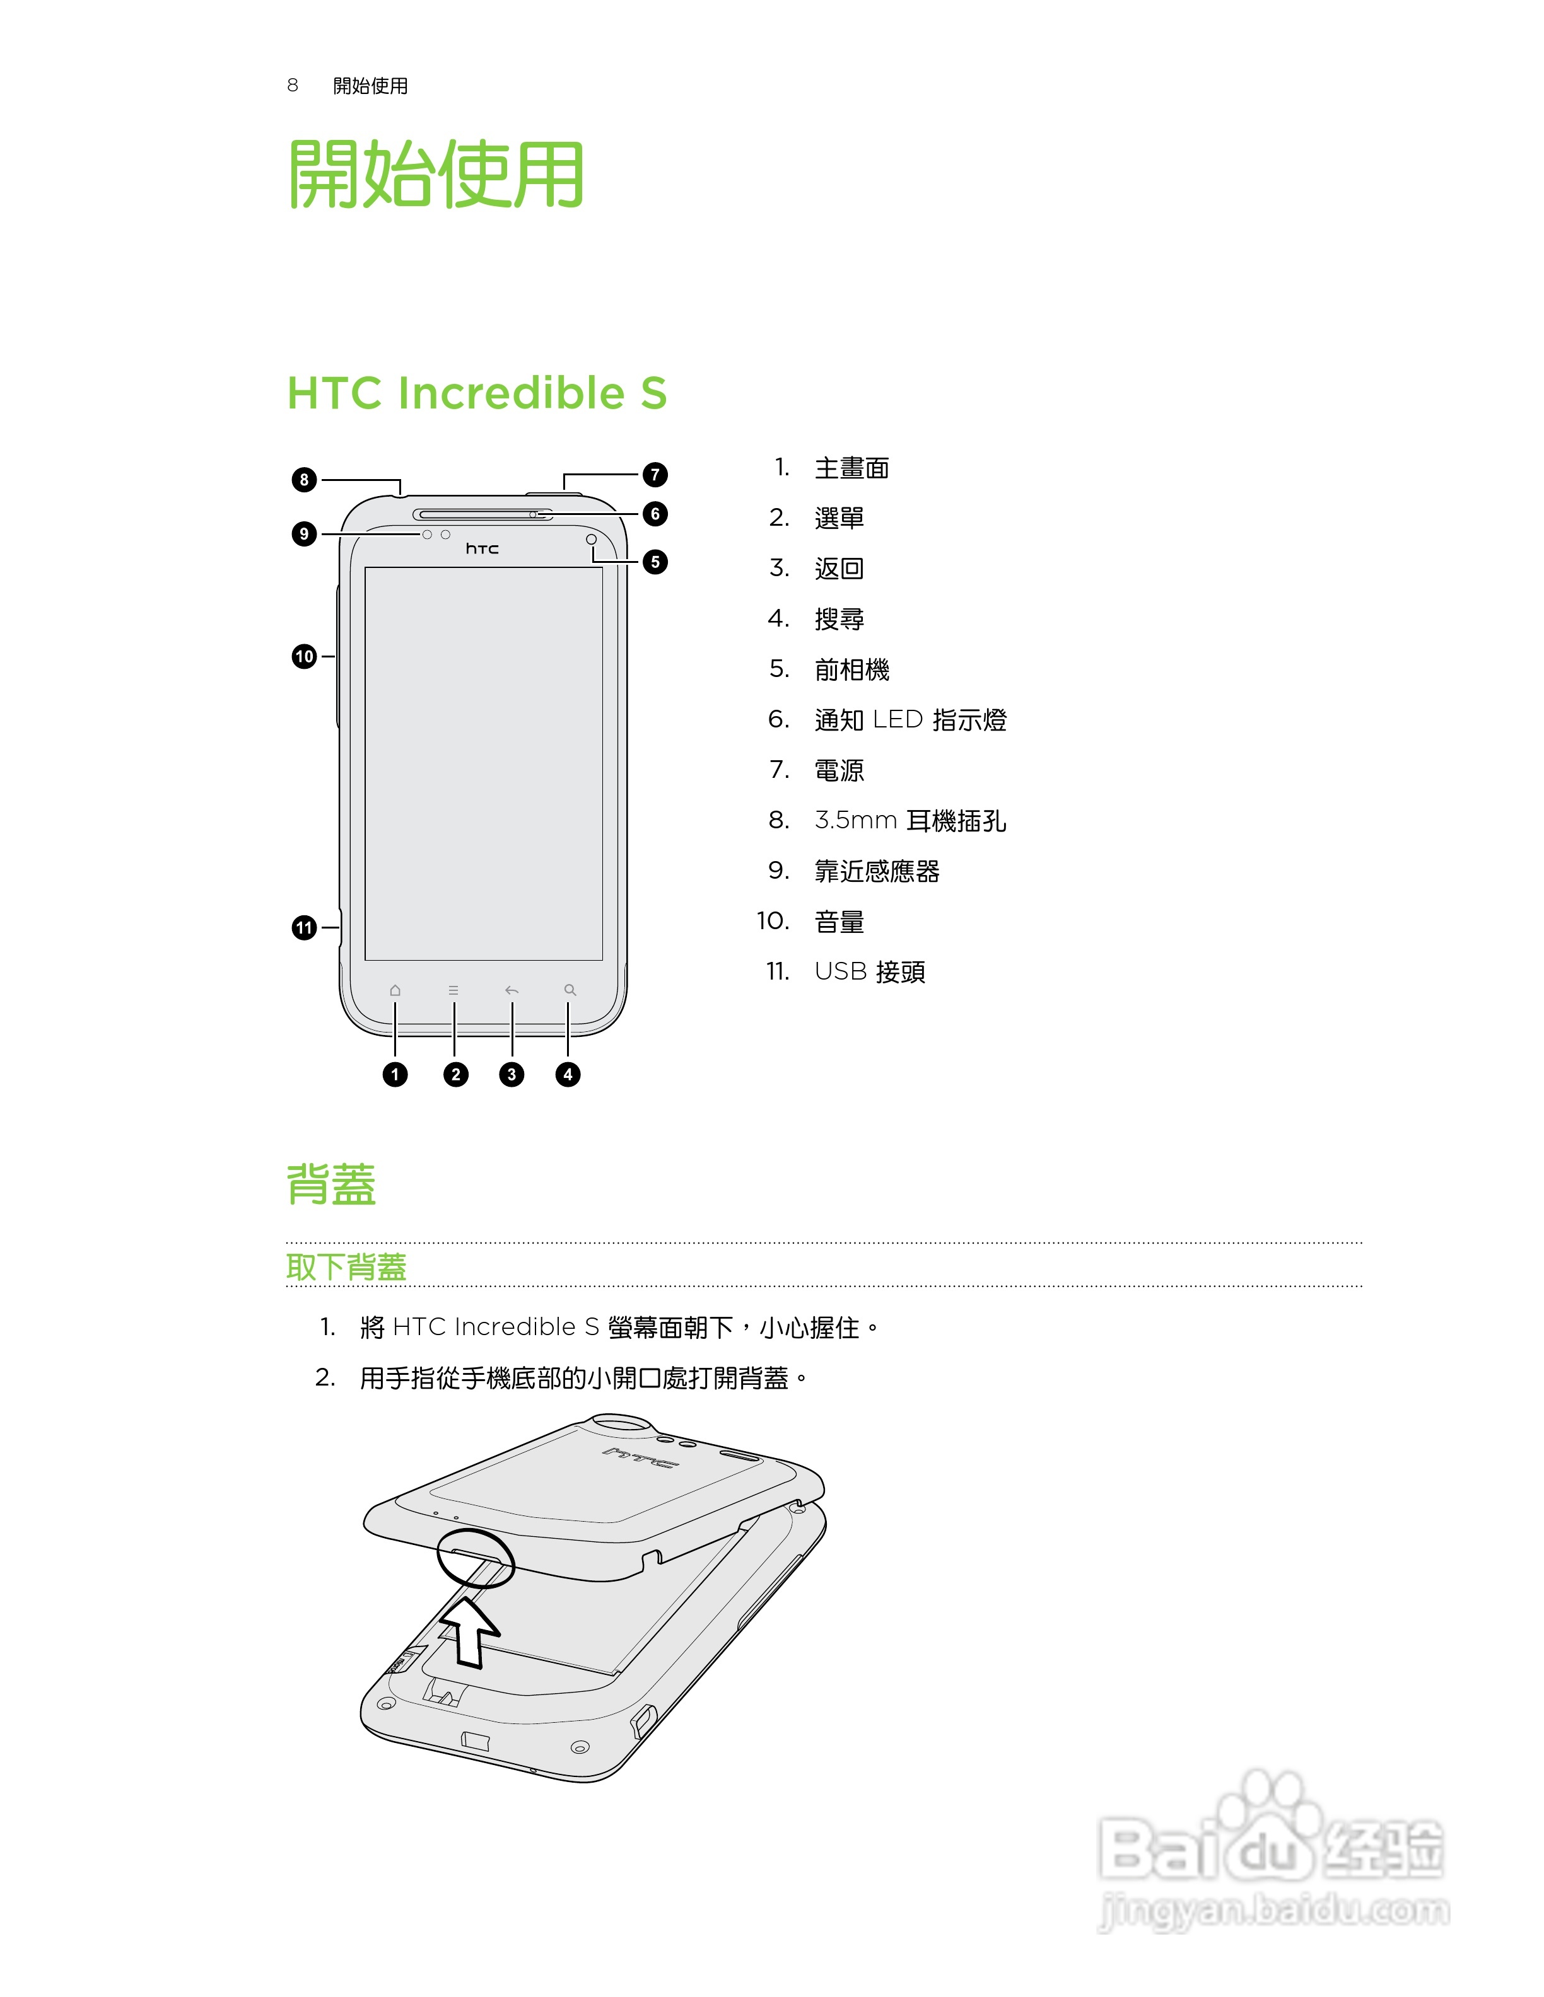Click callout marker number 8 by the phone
click(303, 479)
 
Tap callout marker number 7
click(655, 475)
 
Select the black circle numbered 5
click(655, 562)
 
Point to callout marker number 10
click(303, 656)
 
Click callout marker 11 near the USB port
click(303, 928)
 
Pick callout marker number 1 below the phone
click(395, 1074)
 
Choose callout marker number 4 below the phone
click(568, 1074)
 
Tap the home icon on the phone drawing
click(395, 990)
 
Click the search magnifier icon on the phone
click(570, 990)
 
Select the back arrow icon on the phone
click(512, 990)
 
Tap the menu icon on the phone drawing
click(453, 990)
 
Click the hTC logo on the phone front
click(482, 548)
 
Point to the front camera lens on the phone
click(592, 540)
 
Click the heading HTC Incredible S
click(477, 393)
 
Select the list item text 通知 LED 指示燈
click(910, 721)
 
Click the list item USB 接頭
click(870, 972)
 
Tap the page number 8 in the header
click(293, 86)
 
